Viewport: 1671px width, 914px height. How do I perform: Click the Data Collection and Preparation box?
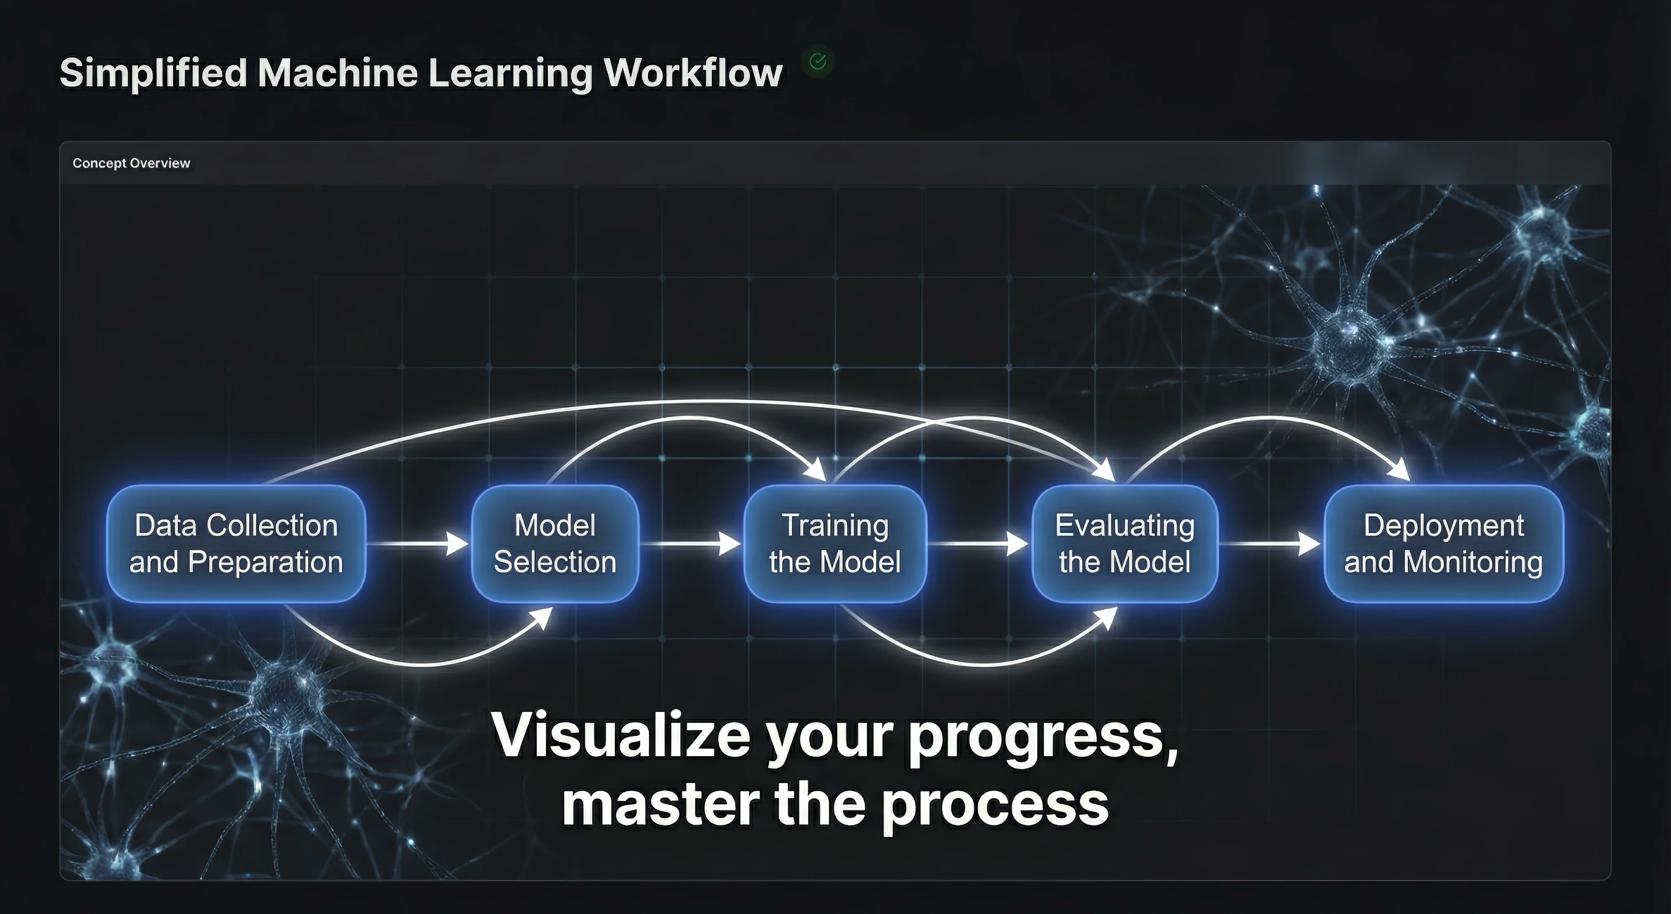click(x=236, y=544)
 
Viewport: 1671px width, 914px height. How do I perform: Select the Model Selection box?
click(x=555, y=544)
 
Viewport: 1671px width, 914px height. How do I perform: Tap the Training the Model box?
click(x=835, y=544)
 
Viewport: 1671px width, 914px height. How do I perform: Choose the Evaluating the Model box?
click(x=1125, y=544)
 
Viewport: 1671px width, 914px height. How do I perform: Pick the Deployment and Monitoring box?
click(x=1443, y=544)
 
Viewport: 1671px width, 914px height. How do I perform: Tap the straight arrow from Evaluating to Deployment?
click(x=1272, y=544)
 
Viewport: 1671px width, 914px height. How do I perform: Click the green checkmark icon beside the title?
click(x=818, y=62)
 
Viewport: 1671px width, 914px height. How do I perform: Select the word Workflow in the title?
click(x=694, y=73)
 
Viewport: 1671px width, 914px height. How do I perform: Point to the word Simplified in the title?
click(x=153, y=73)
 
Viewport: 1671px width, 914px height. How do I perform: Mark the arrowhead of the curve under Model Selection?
click(x=542, y=617)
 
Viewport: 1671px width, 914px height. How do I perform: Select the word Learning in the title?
click(x=510, y=73)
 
